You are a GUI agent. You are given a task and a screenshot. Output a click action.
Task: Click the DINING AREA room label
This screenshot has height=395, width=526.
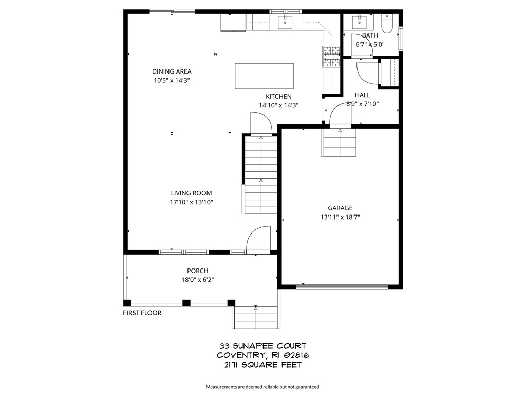pos(172,71)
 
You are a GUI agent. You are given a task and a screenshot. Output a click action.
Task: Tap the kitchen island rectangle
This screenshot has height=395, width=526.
pos(264,76)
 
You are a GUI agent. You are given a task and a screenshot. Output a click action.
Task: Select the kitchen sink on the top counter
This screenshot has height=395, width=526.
pos(285,22)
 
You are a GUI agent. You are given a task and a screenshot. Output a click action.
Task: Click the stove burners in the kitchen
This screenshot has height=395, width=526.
pos(331,57)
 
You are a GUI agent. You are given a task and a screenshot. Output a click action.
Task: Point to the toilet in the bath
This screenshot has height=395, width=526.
pos(387,23)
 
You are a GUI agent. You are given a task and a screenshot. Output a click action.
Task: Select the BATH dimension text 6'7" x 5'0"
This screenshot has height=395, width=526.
pos(370,44)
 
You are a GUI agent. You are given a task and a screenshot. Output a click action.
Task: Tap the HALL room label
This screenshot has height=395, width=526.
pos(362,95)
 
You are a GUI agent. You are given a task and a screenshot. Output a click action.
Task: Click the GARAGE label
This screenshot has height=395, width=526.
pos(340,208)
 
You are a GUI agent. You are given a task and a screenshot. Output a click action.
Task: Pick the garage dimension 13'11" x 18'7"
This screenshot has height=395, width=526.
pos(340,217)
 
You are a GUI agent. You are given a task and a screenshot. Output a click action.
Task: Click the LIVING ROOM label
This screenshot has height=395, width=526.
pos(192,193)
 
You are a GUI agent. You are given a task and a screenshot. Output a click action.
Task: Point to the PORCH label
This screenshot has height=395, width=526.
pos(198,271)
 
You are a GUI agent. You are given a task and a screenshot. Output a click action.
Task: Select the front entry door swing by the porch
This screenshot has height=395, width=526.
pos(258,240)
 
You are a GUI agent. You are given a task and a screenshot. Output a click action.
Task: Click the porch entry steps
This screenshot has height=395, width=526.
pos(256,317)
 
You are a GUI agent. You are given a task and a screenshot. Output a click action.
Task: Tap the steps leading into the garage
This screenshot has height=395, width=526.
pos(340,142)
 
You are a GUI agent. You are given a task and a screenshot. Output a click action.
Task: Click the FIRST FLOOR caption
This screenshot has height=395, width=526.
pos(142,313)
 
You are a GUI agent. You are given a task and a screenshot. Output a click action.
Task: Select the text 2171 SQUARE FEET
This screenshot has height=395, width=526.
pos(262,365)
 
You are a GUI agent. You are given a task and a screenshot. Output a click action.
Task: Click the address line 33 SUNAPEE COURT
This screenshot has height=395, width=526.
pos(262,346)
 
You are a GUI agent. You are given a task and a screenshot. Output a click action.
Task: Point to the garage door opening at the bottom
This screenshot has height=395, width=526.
pos(342,286)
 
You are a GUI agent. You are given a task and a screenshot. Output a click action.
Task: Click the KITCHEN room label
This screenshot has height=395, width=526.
pos(278,97)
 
